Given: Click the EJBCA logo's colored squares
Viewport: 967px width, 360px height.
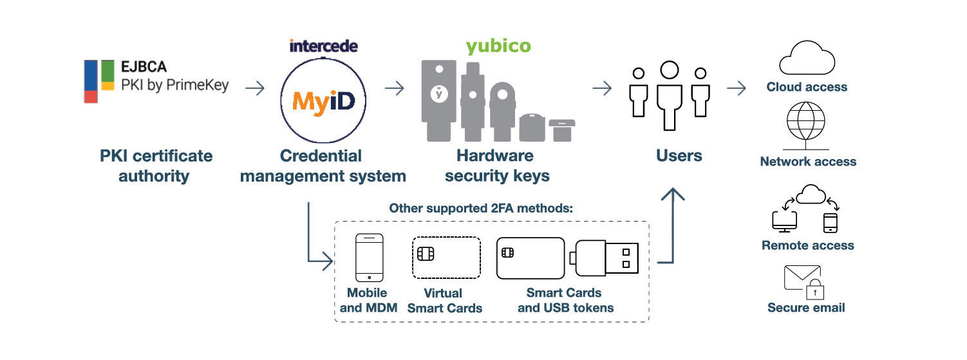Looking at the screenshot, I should click(x=99, y=81).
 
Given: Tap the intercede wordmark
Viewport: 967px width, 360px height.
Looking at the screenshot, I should click(x=323, y=46).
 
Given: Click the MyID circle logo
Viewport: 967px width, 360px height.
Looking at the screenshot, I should click(x=323, y=102).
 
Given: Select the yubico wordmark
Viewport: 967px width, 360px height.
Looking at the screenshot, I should click(x=498, y=46).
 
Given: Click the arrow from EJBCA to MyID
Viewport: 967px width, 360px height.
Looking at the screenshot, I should click(x=255, y=88).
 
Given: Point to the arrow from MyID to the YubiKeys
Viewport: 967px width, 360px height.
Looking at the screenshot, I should click(x=393, y=88).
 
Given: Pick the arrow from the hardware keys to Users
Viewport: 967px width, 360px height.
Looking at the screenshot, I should click(x=601, y=88).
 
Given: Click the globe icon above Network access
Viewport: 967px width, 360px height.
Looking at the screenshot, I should click(x=806, y=124).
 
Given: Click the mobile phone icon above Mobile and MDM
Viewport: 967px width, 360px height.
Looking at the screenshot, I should click(x=369, y=257).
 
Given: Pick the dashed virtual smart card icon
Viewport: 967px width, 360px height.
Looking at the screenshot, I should click(x=446, y=258).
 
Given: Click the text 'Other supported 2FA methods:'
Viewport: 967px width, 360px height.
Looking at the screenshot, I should click(x=481, y=209).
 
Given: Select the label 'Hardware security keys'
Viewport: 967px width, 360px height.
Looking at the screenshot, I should click(x=496, y=166).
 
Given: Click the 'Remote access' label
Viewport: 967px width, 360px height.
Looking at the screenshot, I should click(x=807, y=245).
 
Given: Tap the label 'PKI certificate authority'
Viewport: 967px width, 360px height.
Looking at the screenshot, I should click(x=156, y=166).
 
